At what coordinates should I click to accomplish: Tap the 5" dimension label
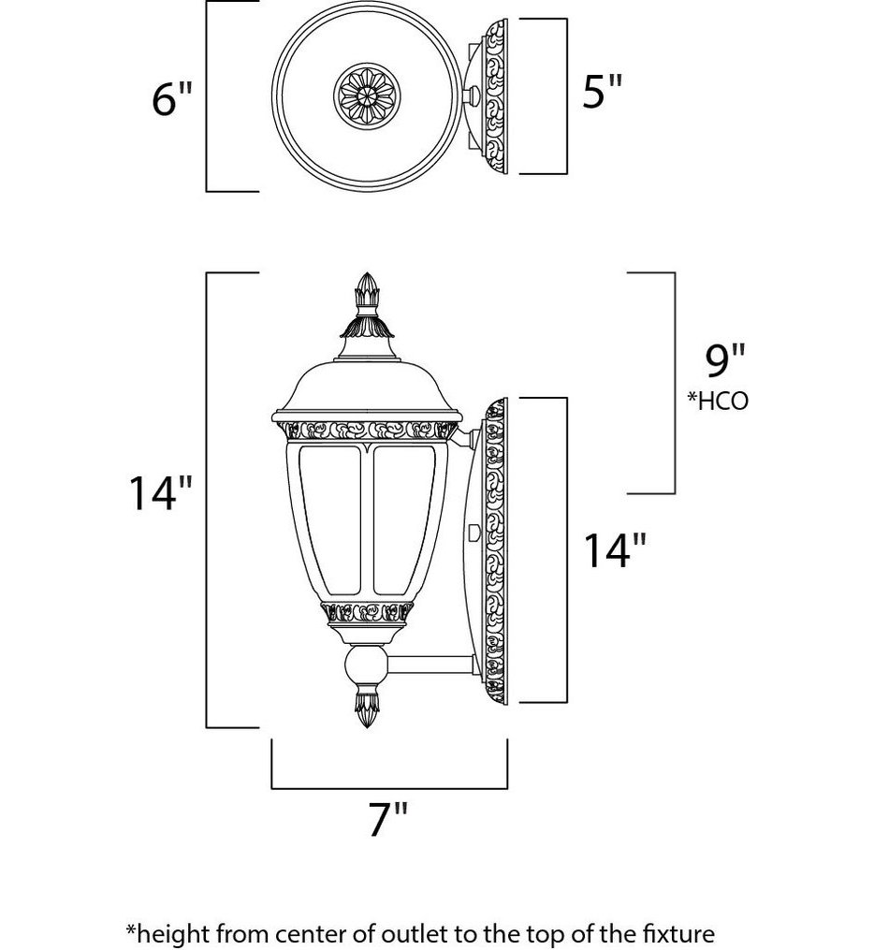click(x=602, y=93)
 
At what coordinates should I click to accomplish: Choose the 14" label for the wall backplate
click(x=615, y=552)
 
